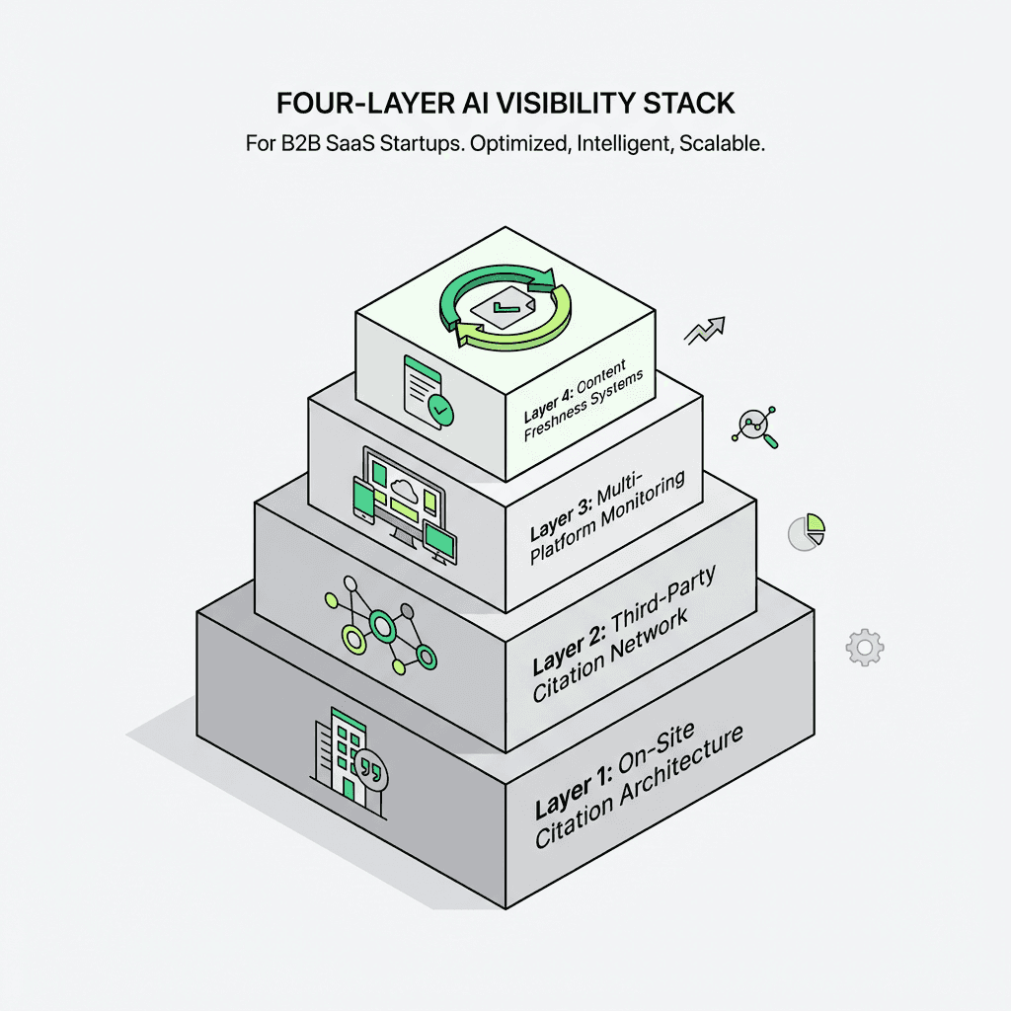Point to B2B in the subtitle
[296, 144]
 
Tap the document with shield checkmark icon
[427, 390]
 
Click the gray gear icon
[864, 647]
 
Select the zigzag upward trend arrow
[706, 330]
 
